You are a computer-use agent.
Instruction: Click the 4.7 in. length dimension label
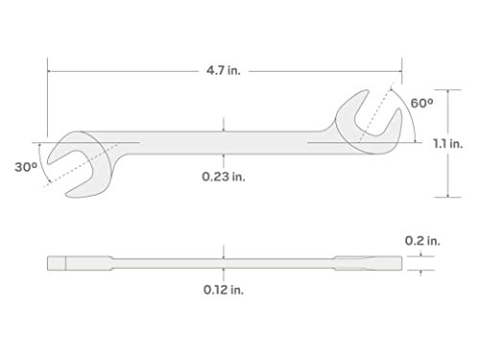pyautogui.click(x=223, y=69)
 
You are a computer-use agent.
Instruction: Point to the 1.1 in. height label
pyautogui.click(x=448, y=144)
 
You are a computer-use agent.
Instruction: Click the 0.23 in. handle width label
pyautogui.click(x=223, y=177)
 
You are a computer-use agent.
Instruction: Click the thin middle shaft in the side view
pyautogui.click(x=223, y=261)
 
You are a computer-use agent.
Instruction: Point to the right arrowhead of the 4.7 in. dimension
pyautogui.click(x=398, y=69)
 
